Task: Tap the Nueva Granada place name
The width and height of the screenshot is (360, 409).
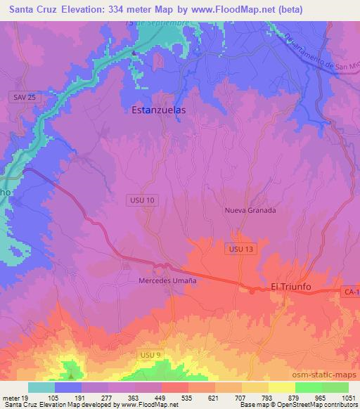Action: [x=250, y=210]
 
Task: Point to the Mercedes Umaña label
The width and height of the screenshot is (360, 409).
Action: [x=166, y=280]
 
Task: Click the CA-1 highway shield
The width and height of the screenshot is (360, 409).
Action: [x=351, y=291]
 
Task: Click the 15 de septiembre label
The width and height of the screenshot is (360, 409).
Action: [x=157, y=23]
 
